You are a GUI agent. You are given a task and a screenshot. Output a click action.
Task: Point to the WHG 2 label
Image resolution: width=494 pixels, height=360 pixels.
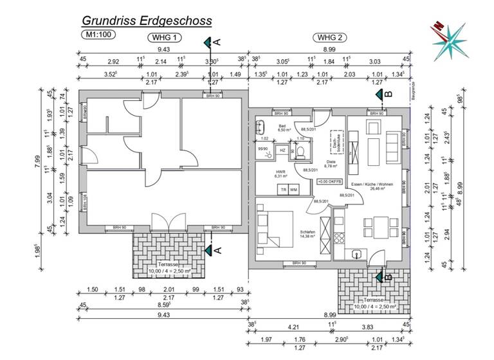(x=327, y=37)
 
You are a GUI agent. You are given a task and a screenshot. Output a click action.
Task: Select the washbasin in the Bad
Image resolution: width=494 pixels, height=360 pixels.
(x=261, y=126)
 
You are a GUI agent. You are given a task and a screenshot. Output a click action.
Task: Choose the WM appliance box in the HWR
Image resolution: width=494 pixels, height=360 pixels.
(x=293, y=190)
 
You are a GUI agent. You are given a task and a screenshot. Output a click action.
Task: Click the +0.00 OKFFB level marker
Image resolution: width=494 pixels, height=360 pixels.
(x=329, y=183)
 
